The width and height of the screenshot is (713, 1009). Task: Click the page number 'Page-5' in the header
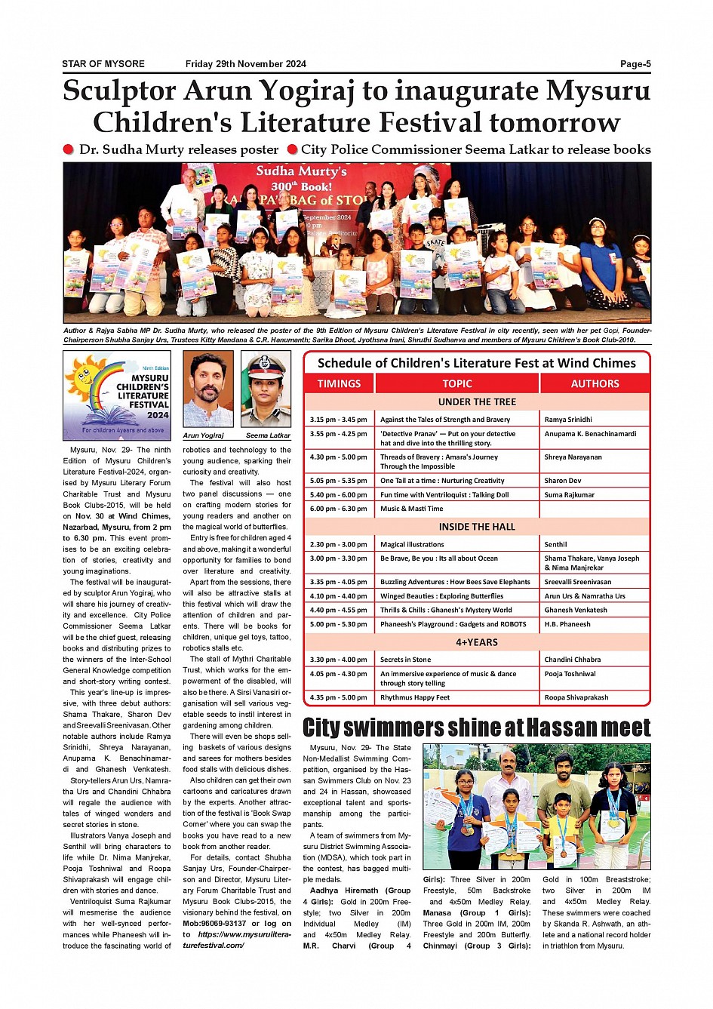(635, 64)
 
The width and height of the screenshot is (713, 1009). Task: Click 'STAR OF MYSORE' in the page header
(103, 64)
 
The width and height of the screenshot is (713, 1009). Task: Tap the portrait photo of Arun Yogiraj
(207, 390)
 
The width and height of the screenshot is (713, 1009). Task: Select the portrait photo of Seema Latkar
(266, 390)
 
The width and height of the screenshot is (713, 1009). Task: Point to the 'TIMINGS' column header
(339, 383)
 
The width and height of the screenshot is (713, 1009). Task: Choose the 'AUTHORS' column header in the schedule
(595, 383)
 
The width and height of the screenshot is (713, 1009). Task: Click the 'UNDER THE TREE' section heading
(477, 402)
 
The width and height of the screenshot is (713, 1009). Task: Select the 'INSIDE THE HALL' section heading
(477, 527)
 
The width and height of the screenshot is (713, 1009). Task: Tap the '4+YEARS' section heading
(477, 642)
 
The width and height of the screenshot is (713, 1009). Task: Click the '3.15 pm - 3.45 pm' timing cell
(338, 420)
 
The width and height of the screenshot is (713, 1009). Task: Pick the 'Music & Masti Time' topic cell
(411, 509)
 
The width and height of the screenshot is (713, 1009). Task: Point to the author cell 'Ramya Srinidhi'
(568, 420)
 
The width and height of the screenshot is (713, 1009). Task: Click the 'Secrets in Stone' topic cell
(405, 660)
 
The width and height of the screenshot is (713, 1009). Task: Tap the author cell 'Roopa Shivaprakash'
(576, 697)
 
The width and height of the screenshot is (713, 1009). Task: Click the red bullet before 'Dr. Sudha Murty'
(69, 149)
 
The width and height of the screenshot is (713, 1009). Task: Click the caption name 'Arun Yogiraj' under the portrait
(203, 435)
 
